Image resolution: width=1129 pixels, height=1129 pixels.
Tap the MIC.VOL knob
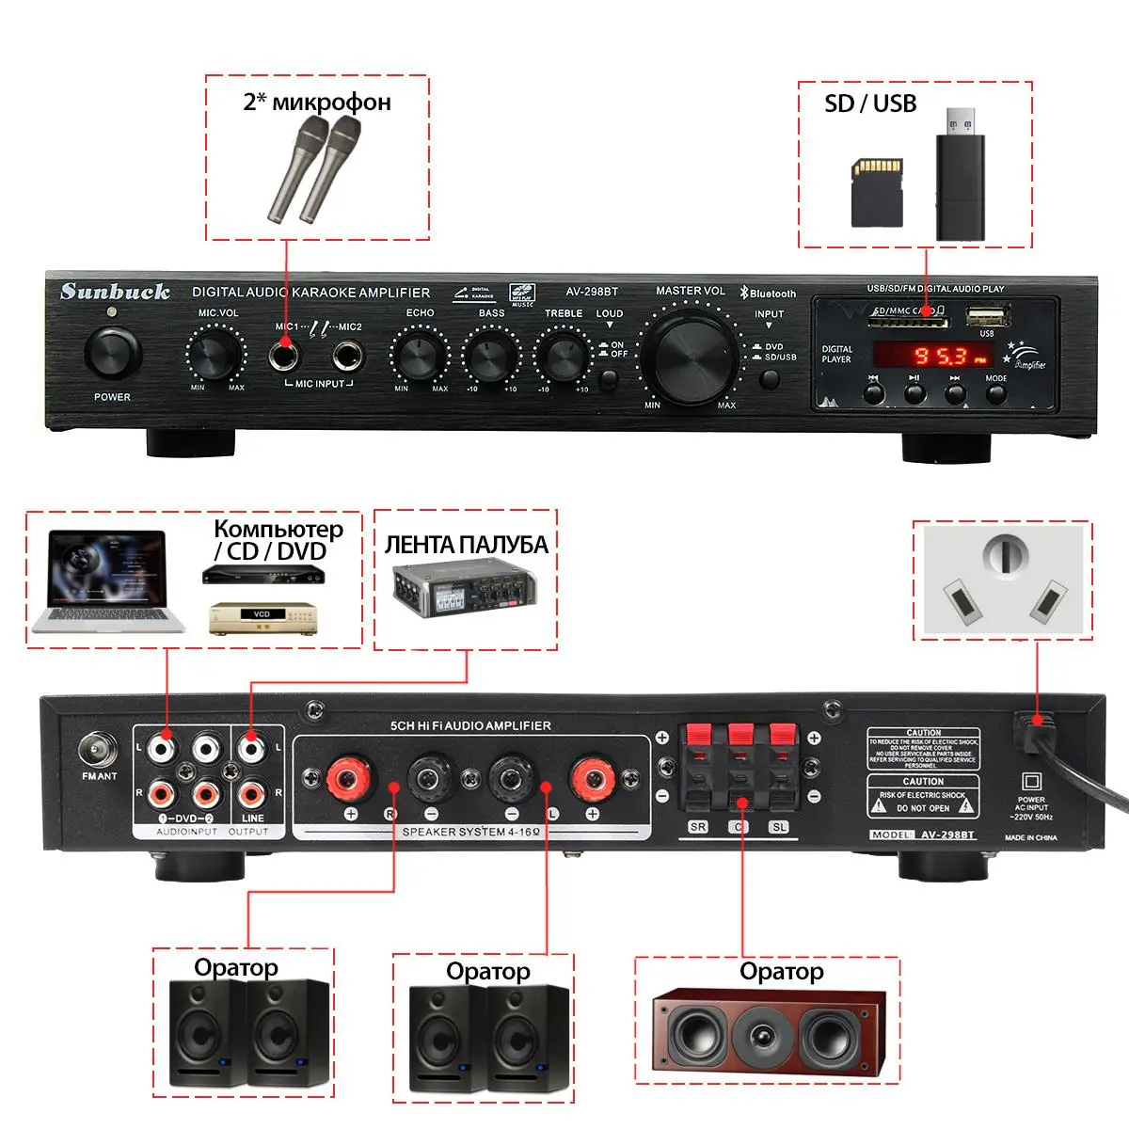click(215, 355)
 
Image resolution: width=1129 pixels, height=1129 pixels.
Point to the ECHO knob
click(419, 356)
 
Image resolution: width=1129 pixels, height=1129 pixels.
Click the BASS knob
click(490, 356)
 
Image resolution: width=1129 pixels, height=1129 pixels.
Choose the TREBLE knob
click(563, 356)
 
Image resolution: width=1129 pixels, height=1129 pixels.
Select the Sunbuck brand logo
click(115, 292)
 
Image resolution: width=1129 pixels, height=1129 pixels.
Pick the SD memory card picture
click(877, 192)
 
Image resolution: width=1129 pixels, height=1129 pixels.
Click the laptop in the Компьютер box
click(106, 581)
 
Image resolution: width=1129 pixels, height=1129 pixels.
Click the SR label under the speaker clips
click(697, 827)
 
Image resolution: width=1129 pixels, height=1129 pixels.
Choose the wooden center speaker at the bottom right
click(769, 1031)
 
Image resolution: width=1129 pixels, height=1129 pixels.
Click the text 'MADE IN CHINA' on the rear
click(1030, 837)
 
